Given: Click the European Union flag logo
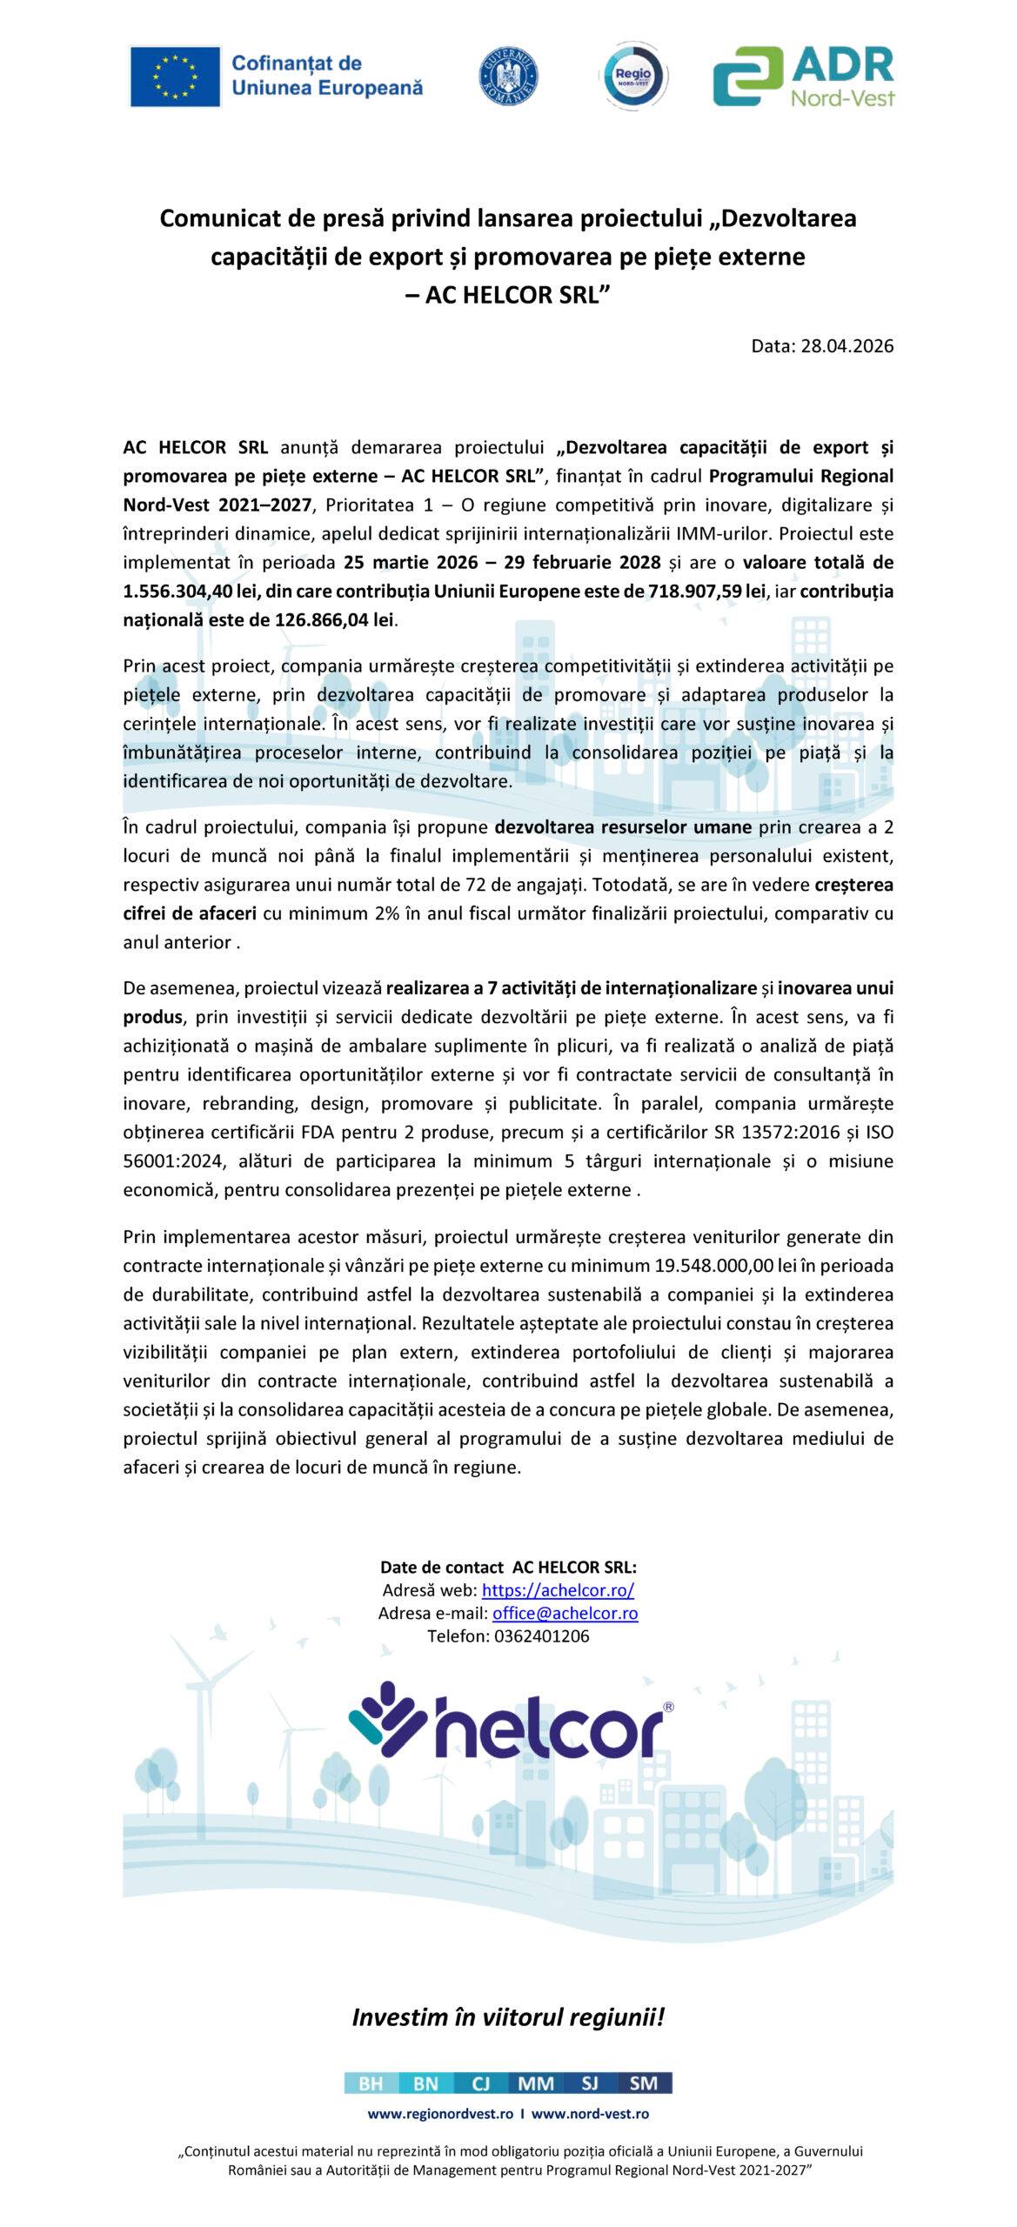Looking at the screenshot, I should (175, 77).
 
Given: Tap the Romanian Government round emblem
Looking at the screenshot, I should (509, 77).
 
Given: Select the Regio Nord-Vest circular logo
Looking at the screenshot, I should (638, 77).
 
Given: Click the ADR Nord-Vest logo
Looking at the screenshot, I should (803, 77).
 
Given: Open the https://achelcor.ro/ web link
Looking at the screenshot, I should (558, 1590).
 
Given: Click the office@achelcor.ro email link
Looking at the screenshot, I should (565, 1613).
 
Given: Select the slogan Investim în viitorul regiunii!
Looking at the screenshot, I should (508, 2017).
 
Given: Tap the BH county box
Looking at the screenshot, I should (371, 2083).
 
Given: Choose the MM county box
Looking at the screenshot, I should (535, 2083).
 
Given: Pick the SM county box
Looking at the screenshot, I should (644, 2083).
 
